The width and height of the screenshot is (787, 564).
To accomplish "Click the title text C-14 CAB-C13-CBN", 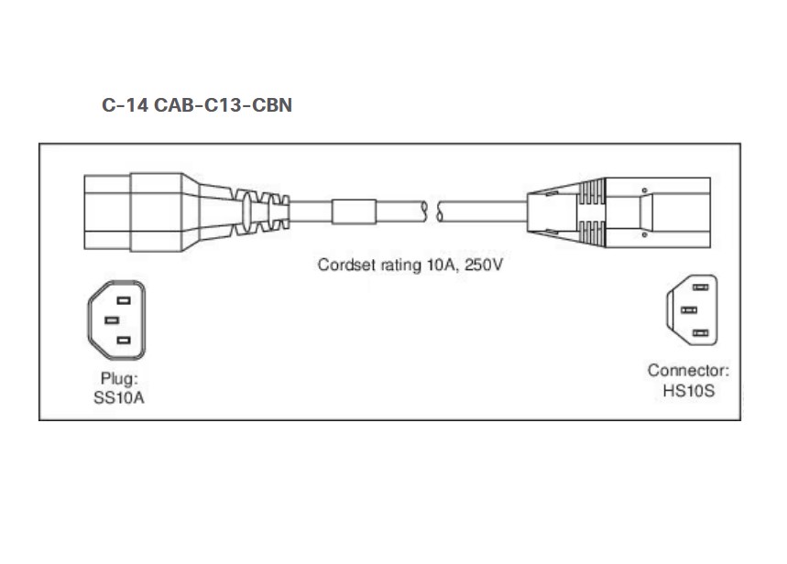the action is (197, 105).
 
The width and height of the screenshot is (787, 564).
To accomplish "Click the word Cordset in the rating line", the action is (346, 265).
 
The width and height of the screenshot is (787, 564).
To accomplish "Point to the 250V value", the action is (484, 265).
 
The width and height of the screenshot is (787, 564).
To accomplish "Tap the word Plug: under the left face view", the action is (119, 378).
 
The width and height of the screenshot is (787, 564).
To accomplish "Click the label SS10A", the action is (119, 398).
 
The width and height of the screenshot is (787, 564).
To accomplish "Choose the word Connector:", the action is (688, 370).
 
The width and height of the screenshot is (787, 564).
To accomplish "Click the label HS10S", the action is (688, 390).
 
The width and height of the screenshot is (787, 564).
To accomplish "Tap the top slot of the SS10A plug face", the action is (124, 300).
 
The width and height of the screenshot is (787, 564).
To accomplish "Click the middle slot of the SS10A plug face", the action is (112, 320).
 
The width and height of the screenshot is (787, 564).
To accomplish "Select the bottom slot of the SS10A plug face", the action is (124, 341).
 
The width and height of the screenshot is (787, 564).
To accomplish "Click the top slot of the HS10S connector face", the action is (700, 287).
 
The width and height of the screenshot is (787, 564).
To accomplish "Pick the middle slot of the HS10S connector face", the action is (689, 310).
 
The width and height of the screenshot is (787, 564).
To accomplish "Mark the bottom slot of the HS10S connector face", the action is (700, 333).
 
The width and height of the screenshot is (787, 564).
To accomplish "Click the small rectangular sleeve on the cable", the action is (354, 211).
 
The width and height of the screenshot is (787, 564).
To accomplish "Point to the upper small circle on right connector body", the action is (644, 190).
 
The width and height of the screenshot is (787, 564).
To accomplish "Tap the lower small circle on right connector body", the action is (644, 234).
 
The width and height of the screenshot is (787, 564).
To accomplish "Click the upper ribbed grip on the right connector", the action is (592, 191).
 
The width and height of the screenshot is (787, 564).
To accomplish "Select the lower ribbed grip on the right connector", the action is (592, 233).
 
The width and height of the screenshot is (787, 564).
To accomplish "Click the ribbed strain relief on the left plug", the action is (262, 211).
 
